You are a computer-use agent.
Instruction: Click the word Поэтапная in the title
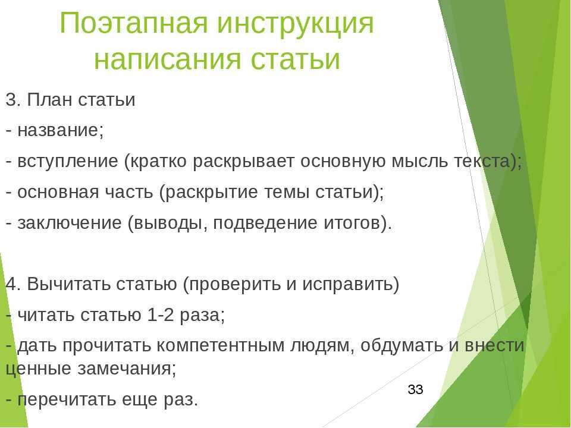tap(133, 23)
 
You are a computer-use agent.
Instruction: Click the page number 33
tap(416, 389)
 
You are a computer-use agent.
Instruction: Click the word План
tap(50, 100)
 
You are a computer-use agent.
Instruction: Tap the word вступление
tap(68, 162)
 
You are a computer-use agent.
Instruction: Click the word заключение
tap(70, 223)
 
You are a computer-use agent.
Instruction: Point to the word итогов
tap(357, 223)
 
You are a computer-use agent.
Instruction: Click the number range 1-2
tap(161, 315)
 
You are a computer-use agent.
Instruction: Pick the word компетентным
tap(220, 345)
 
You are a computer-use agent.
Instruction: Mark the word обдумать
tap(401, 345)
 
